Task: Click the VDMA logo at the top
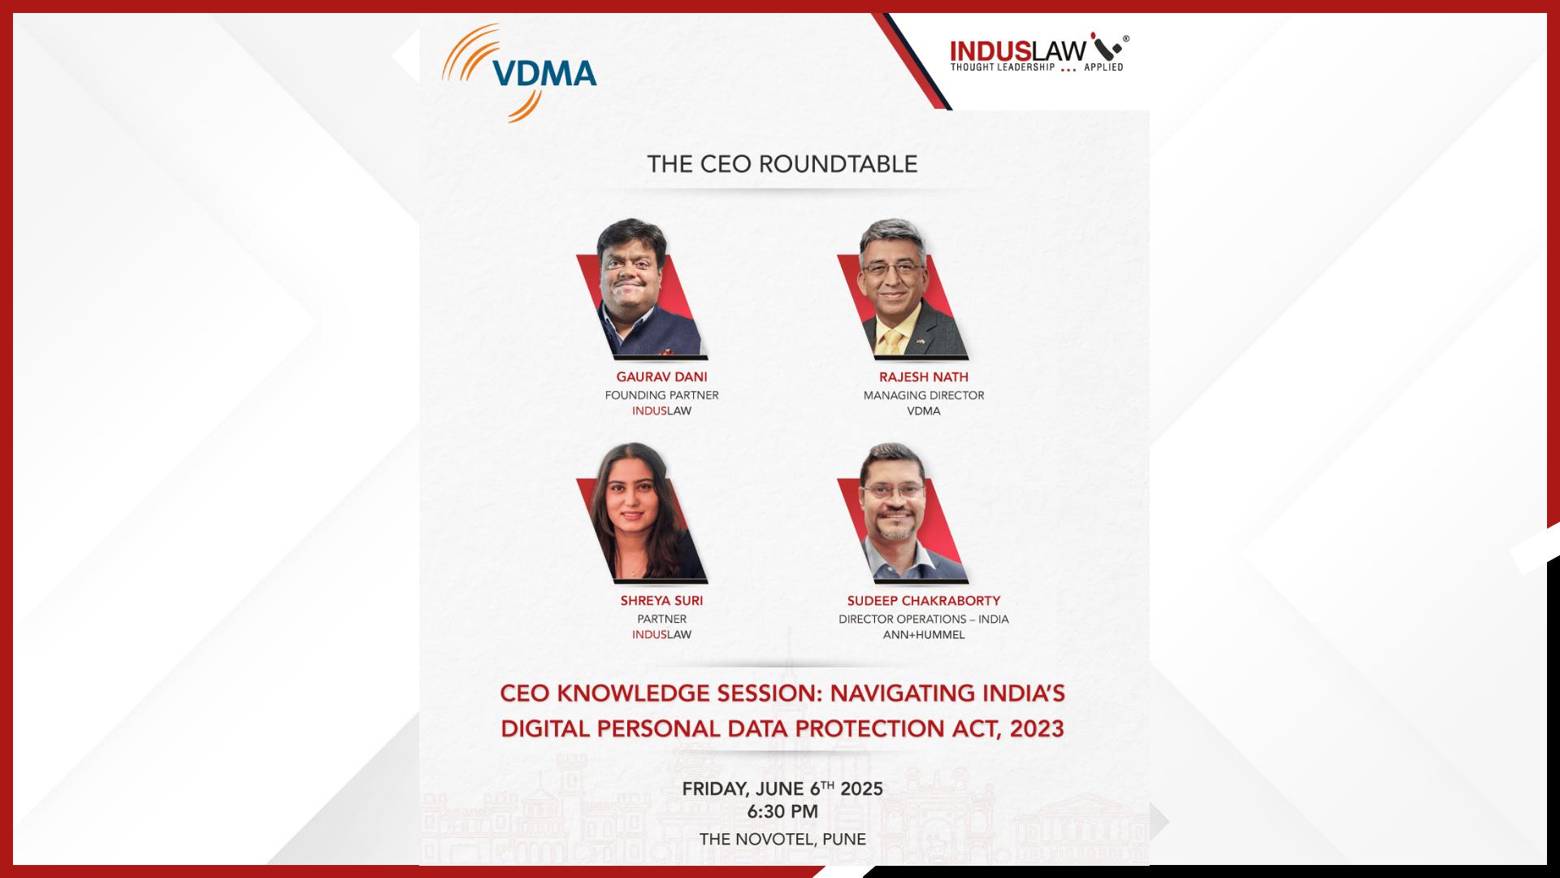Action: pos(520,73)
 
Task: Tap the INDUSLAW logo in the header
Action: pos(1039,54)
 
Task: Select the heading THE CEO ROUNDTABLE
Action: pos(782,164)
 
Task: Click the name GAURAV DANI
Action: pos(661,377)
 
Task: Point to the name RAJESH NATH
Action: pos(924,377)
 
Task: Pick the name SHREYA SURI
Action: pos(661,601)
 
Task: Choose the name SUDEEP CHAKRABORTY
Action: pos(924,601)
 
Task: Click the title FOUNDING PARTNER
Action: pos(661,395)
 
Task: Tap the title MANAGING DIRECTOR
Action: pos(924,395)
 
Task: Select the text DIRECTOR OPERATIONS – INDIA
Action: pos(924,619)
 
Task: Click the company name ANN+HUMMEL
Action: pos(924,634)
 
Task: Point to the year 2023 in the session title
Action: pos(1037,728)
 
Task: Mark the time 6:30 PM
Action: pos(782,811)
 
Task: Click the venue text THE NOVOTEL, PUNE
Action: pos(782,839)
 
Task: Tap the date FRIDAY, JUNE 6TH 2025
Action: pos(782,789)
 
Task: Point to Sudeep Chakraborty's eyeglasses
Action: pos(893,491)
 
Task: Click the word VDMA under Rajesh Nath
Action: pos(924,411)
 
